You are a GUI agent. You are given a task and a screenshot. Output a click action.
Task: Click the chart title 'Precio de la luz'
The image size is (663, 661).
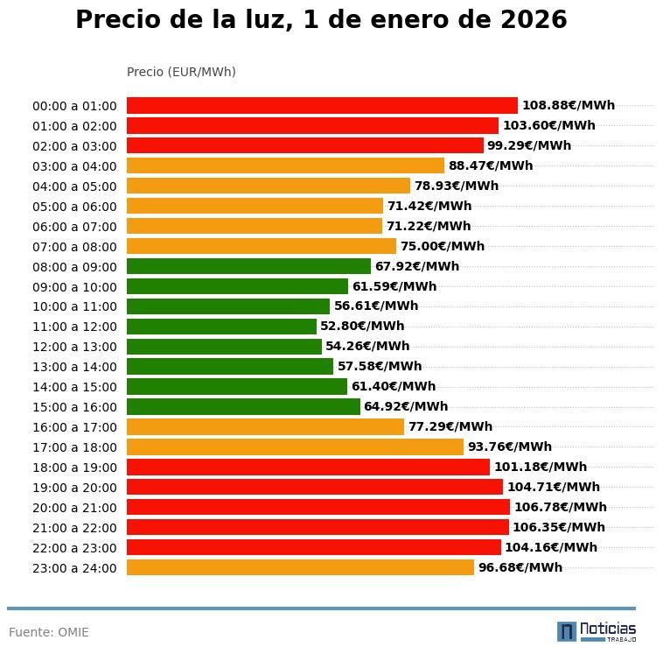point(321,20)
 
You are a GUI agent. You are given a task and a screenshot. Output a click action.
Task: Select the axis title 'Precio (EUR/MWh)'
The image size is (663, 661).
point(181,72)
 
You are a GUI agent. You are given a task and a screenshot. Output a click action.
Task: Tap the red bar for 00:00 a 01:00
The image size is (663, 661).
point(322,106)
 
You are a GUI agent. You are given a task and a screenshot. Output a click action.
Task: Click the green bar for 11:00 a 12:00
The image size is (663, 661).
point(221,327)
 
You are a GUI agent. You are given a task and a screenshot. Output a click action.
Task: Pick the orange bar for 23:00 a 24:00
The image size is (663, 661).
point(300,567)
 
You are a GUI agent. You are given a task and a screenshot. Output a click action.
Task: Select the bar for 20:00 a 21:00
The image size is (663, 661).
point(318,507)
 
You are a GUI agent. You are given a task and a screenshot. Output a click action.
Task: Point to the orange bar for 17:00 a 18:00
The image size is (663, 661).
point(295,447)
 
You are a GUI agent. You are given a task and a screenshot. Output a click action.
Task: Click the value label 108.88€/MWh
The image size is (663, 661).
point(569,106)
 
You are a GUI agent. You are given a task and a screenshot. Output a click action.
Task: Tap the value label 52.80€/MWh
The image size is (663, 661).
point(362,327)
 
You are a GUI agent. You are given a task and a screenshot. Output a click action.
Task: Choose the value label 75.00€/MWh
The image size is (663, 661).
point(442,247)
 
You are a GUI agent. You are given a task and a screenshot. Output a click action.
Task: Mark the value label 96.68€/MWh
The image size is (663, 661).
point(520,567)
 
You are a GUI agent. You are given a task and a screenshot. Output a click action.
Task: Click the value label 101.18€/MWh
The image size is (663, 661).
point(541,468)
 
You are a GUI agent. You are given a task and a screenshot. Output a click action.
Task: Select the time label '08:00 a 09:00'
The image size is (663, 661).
point(74,267)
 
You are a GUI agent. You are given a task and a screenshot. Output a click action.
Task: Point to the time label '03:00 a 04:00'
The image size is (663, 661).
point(74,166)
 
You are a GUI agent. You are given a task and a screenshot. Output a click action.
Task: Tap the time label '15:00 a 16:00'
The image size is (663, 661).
point(74,407)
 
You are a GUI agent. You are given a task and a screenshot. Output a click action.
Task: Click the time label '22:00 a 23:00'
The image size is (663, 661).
point(74,548)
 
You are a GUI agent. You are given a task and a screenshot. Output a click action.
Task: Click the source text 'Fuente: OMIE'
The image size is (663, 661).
point(49,632)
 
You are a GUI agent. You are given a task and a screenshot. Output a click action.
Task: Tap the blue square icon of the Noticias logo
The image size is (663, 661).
point(567,631)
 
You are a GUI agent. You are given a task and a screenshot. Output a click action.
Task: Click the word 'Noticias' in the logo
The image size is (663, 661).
point(608,629)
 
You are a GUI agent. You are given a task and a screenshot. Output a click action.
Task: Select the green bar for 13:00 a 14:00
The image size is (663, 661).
point(230,367)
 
